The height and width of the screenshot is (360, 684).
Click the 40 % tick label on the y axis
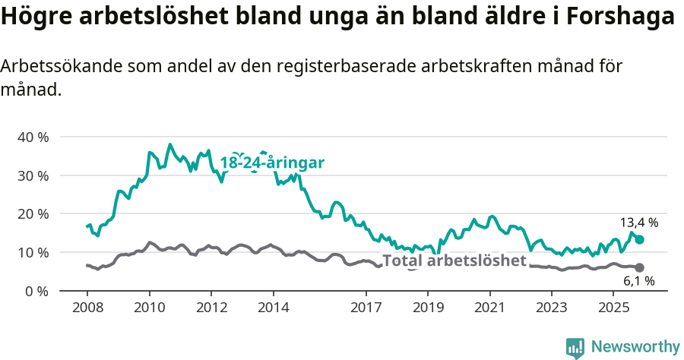[x=33, y=137]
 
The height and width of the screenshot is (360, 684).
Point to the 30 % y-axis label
[x=33, y=175]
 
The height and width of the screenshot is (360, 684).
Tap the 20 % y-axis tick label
[x=33, y=214]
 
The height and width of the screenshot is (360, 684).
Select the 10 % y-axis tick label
[x=33, y=252]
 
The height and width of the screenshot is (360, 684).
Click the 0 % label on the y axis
[x=36, y=291]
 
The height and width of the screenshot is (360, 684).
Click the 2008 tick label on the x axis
[x=87, y=308]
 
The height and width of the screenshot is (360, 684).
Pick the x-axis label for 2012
[x=211, y=308]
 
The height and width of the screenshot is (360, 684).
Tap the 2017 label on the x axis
[x=366, y=308]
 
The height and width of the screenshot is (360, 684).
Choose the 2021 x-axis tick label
[x=489, y=308]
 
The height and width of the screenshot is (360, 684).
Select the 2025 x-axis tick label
[x=613, y=308]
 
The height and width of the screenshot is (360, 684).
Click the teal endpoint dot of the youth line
[x=640, y=239]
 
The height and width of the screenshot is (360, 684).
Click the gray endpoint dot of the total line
[x=640, y=267]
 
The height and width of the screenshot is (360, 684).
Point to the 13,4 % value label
[x=638, y=223]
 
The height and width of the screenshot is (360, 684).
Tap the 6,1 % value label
[x=638, y=281]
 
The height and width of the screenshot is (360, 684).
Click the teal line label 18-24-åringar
[x=272, y=163]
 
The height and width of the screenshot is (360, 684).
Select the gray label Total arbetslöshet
[x=454, y=261]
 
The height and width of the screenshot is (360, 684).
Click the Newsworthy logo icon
[x=575, y=347]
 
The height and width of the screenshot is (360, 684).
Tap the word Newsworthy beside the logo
[x=635, y=347]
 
